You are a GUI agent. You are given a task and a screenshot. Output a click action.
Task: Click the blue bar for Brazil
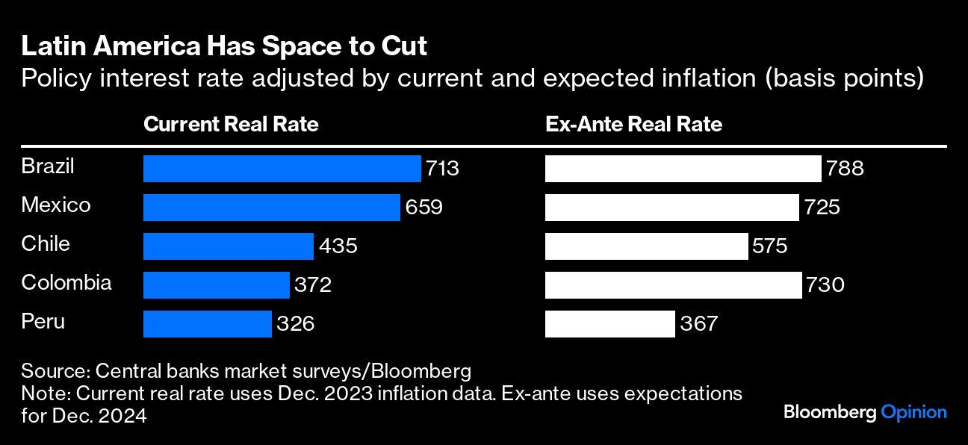282,169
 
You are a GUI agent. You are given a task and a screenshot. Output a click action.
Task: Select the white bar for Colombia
673,285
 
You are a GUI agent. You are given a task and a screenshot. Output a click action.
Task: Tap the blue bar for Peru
207,324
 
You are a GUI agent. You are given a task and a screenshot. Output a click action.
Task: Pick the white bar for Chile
646,246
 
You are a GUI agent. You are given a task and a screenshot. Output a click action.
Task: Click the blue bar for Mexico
271,208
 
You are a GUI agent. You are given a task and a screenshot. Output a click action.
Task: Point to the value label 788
845,169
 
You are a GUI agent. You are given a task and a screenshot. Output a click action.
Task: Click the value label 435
338,246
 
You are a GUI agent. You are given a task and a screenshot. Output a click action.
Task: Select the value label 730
825,285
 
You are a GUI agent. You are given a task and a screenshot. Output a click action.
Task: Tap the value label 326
296,324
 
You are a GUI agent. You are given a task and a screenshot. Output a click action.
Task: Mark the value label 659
424,208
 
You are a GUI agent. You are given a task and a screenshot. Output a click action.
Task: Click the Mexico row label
56,205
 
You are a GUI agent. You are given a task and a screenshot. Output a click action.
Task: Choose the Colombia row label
66,282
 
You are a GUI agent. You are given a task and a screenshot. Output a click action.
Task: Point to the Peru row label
43,321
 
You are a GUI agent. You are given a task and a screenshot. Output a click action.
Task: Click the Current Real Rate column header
231,124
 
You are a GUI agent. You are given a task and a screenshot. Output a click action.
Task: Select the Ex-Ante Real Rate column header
633,124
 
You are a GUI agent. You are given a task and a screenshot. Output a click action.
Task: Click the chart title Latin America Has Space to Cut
224,46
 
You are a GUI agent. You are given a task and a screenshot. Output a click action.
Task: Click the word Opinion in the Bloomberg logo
913,412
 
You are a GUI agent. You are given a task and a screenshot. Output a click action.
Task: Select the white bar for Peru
609,324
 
